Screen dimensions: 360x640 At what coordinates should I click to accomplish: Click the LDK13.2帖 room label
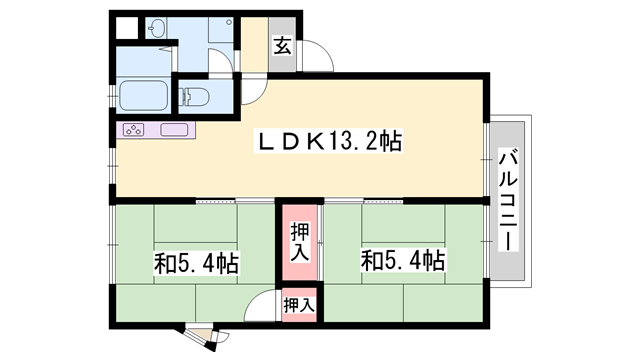point(331,143)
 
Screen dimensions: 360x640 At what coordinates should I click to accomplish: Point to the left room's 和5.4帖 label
point(196,264)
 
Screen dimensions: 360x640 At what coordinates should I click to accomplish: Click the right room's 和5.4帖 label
point(403,262)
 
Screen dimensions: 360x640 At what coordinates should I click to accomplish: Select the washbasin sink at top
point(157,31)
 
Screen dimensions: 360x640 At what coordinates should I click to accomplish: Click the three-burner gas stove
point(134,130)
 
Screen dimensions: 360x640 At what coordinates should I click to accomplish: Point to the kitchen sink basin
point(174,130)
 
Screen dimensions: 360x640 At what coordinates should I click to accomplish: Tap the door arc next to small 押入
point(262,303)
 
